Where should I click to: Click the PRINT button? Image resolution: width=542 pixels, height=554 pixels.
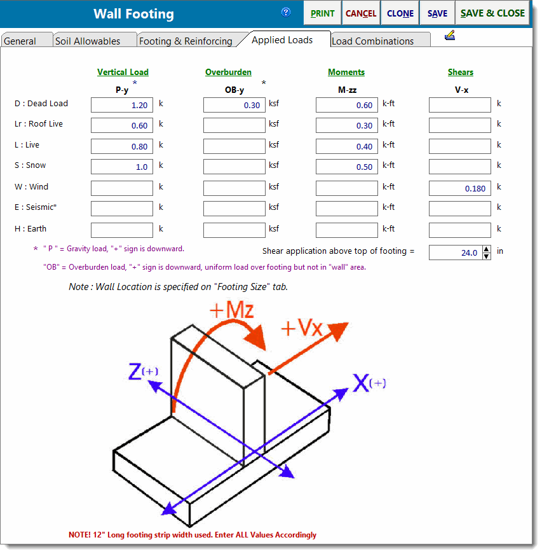[x=323, y=13]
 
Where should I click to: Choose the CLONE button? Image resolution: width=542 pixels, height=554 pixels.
[x=400, y=13]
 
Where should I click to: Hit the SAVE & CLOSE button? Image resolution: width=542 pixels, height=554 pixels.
[x=492, y=13]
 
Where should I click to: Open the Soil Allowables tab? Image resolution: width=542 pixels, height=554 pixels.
[x=88, y=41]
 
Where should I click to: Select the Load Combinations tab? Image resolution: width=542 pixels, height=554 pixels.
[x=373, y=41]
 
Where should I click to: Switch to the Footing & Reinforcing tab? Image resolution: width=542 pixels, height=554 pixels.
[x=186, y=41]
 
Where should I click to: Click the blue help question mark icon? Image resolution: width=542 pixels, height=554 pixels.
[x=286, y=12]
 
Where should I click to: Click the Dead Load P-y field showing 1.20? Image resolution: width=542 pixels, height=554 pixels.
[x=122, y=105]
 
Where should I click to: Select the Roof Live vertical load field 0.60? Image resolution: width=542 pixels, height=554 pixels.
[x=122, y=125]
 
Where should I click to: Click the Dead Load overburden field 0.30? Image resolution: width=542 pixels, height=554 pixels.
[x=234, y=105]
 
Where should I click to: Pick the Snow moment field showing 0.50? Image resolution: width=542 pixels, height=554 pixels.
[x=347, y=167]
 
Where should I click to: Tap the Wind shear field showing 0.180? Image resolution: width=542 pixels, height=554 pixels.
[x=460, y=188]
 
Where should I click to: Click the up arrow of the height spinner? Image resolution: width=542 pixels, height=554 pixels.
[x=487, y=249]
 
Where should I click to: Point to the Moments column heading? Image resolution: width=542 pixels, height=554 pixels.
[x=346, y=73]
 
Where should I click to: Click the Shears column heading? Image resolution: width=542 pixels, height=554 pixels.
[x=461, y=73]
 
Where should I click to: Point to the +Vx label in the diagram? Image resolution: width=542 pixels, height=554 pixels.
[x=302, y=328]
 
